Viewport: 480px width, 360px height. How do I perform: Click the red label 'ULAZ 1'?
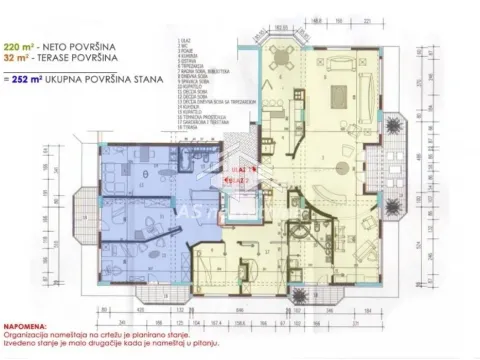tap(243, 171)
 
